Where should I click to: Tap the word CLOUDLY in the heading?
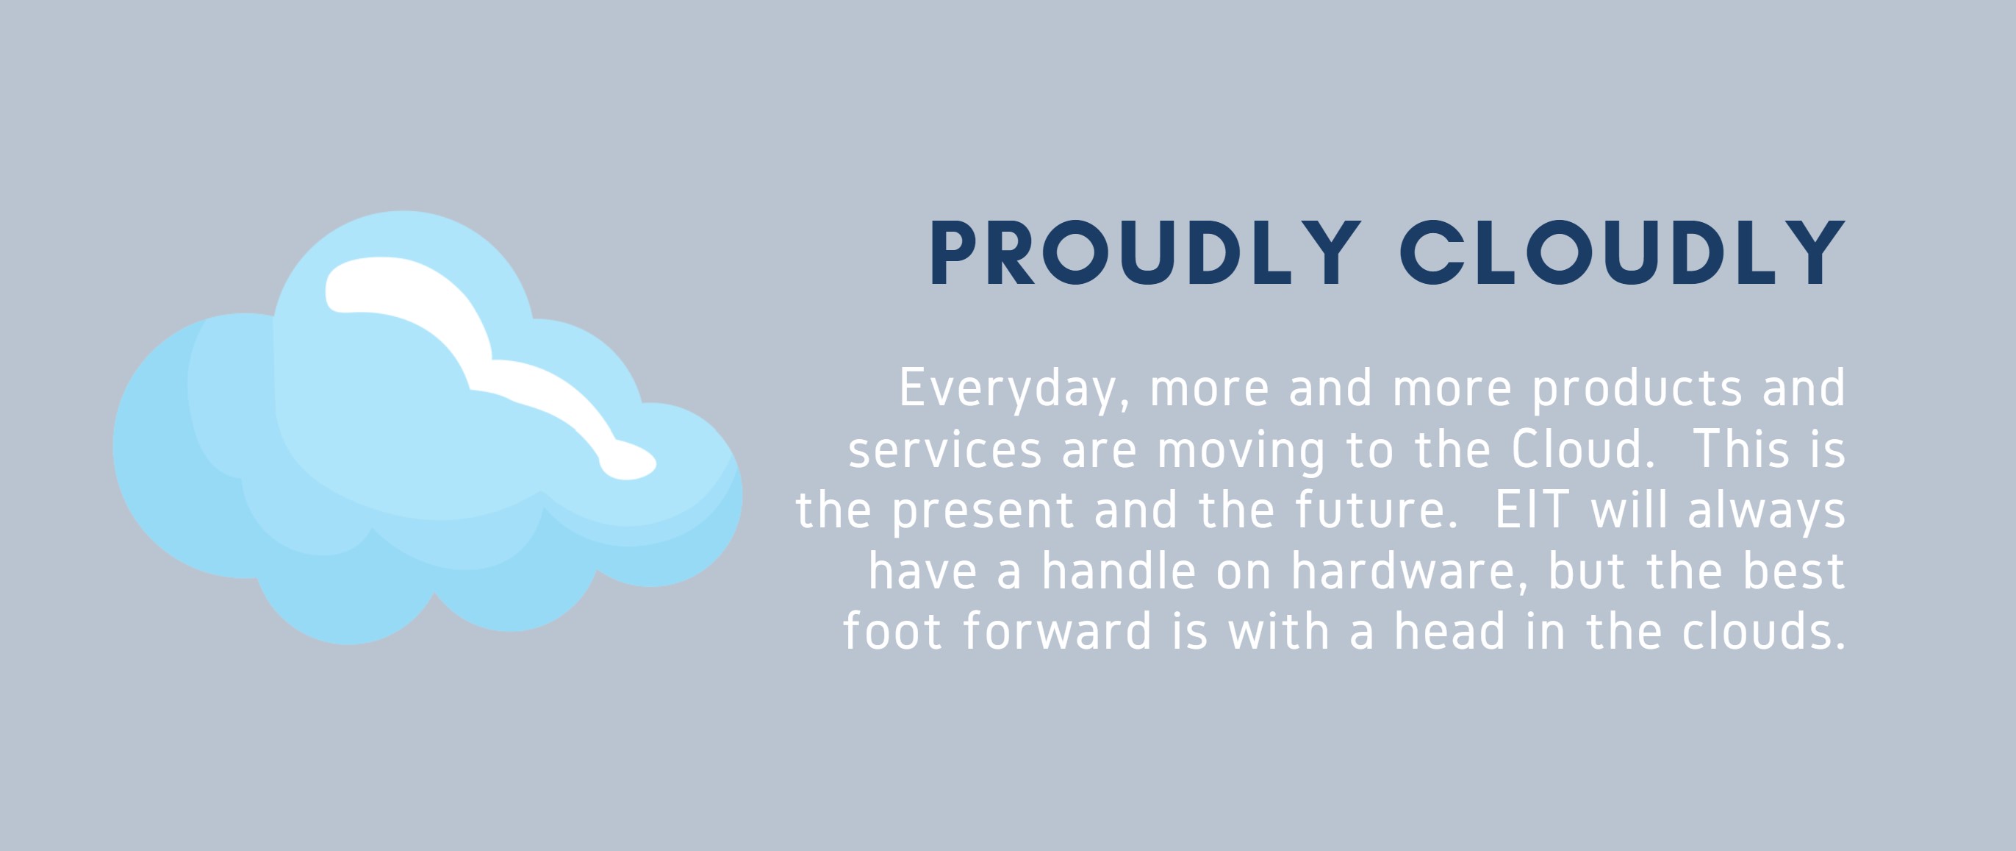tap(1623, 253)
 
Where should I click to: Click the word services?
tap(945, 450)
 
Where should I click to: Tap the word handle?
tap(1119, 571)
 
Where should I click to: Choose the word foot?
tap(892, 631)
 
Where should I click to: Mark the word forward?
tap(1058, 631)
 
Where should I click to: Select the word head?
tap(1450, 631)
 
